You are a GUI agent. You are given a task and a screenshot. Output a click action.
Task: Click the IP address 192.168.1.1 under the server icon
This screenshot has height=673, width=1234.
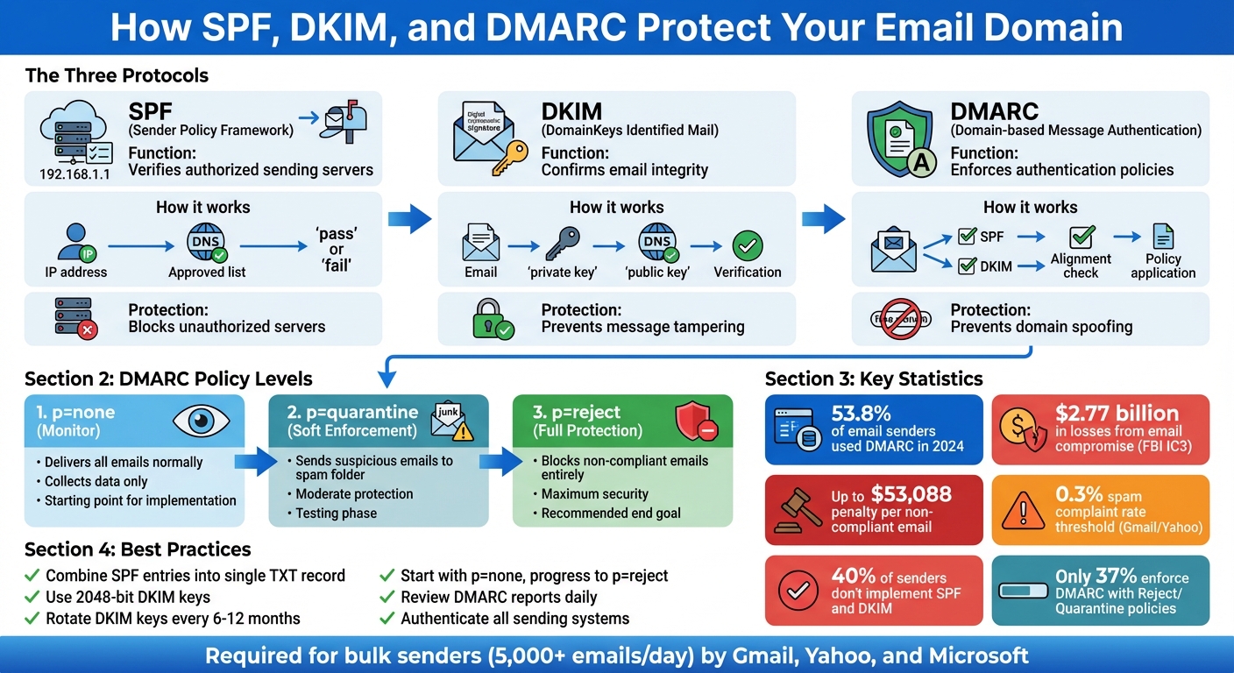(x=74, y=174)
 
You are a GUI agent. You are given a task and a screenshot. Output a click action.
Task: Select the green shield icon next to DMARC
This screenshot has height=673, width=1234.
(x=898, y=139)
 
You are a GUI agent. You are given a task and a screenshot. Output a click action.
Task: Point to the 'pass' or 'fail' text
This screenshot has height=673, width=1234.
(x=337, y=250)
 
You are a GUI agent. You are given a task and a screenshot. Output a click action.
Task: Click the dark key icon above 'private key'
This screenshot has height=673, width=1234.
(x=562, y=241)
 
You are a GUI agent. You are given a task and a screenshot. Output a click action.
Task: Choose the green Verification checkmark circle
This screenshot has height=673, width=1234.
(x=748, y=245)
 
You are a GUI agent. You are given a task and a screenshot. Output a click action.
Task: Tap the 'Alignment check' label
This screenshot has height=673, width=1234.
(x=1081, y=266)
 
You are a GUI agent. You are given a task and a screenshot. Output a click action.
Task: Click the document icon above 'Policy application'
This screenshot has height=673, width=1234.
(x=1163, y=237)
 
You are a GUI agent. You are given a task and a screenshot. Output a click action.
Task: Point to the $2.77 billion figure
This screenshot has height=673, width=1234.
(x=1117, y=414)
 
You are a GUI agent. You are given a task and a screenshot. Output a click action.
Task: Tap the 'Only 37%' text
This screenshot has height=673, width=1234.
(x=1096, y=576)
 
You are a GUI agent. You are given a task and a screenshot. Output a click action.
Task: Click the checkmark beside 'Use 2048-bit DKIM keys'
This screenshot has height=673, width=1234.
(x=32, y=598)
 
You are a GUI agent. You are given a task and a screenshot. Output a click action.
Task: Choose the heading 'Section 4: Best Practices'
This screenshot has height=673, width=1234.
(x=138, y=549)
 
